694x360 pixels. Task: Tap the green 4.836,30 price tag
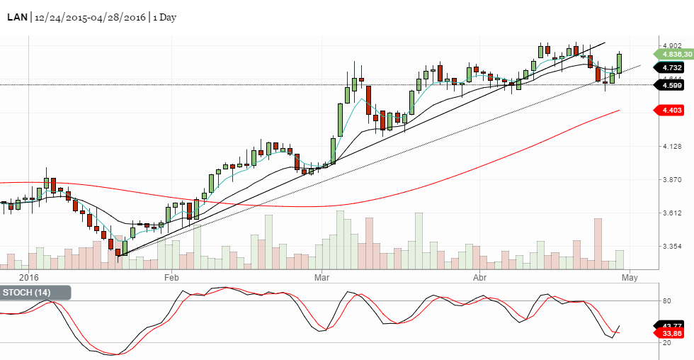(673, 54)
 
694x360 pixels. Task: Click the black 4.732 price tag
(671, 68)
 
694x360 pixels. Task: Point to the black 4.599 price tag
(671, 85)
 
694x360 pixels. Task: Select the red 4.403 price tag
(671, 110)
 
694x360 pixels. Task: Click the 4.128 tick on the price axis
(671, 147)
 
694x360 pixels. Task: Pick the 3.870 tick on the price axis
(671, 180)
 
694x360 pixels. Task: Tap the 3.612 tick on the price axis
(671, 213)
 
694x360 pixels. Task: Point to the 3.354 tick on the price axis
(671, 247)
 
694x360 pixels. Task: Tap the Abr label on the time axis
(481, 277)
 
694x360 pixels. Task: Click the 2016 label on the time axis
(28, 277)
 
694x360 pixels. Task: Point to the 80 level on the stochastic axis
(666, 301)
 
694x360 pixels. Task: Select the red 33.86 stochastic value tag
(671, 332)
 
